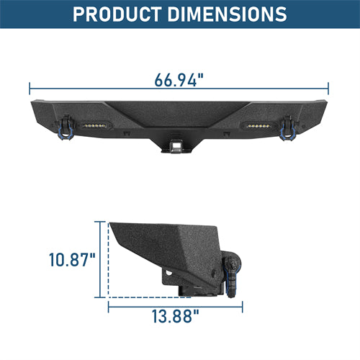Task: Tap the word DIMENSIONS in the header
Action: pos(220,13)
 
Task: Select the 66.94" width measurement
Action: pos(179,79)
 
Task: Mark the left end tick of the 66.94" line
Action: pos(30,88)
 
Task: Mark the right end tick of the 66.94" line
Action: pos(329,88)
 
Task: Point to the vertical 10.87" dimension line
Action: pos(96,259)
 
